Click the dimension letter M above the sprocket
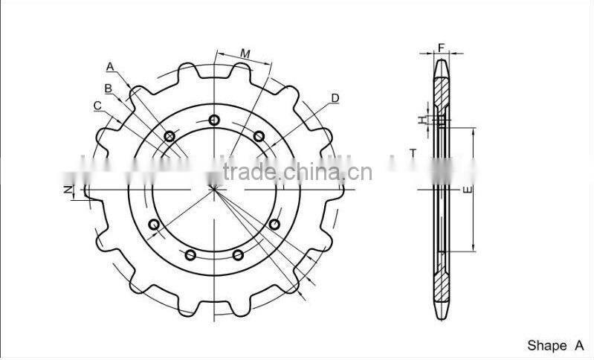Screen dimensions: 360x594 [245, 54]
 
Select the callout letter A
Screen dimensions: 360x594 [110, 67]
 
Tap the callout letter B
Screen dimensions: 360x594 [108, 89]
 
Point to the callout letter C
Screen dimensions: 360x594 [97, 106]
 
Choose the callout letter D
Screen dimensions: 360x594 [335, 97]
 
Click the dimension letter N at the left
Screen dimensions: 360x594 [67, 191]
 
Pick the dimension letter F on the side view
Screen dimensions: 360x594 [441, 48]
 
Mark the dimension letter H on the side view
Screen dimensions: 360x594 [421, 119]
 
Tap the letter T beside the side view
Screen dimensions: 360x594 [413, 152]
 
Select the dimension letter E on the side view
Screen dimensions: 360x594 [465, 190]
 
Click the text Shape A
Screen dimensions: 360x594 [555, 345]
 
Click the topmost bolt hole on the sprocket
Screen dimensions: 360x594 [215, 120]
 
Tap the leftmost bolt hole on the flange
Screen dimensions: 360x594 [154, 224]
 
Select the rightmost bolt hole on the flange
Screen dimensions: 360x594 [275, 224]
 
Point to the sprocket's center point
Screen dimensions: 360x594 [214, 187]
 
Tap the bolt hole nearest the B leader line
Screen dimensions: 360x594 [170, 135]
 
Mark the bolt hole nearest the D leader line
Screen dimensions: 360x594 [259, 135]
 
